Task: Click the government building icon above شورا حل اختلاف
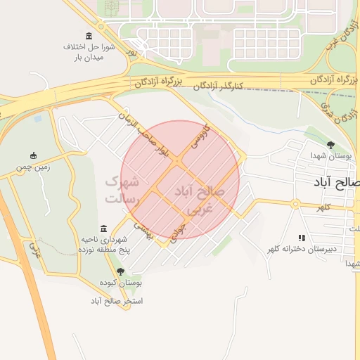coord(89,36)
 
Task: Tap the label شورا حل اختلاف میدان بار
coord(89,52)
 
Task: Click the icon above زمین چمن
coord(33,155)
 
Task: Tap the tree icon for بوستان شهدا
coord(330,145)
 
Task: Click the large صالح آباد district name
coord(337,182)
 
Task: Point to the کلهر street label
coord(323,208)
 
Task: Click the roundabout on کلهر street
coord(296,204)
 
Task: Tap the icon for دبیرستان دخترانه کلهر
coord(302,238)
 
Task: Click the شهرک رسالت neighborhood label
coord(122,190)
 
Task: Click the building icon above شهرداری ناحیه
coord(103,229)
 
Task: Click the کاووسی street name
coord(200,137)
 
